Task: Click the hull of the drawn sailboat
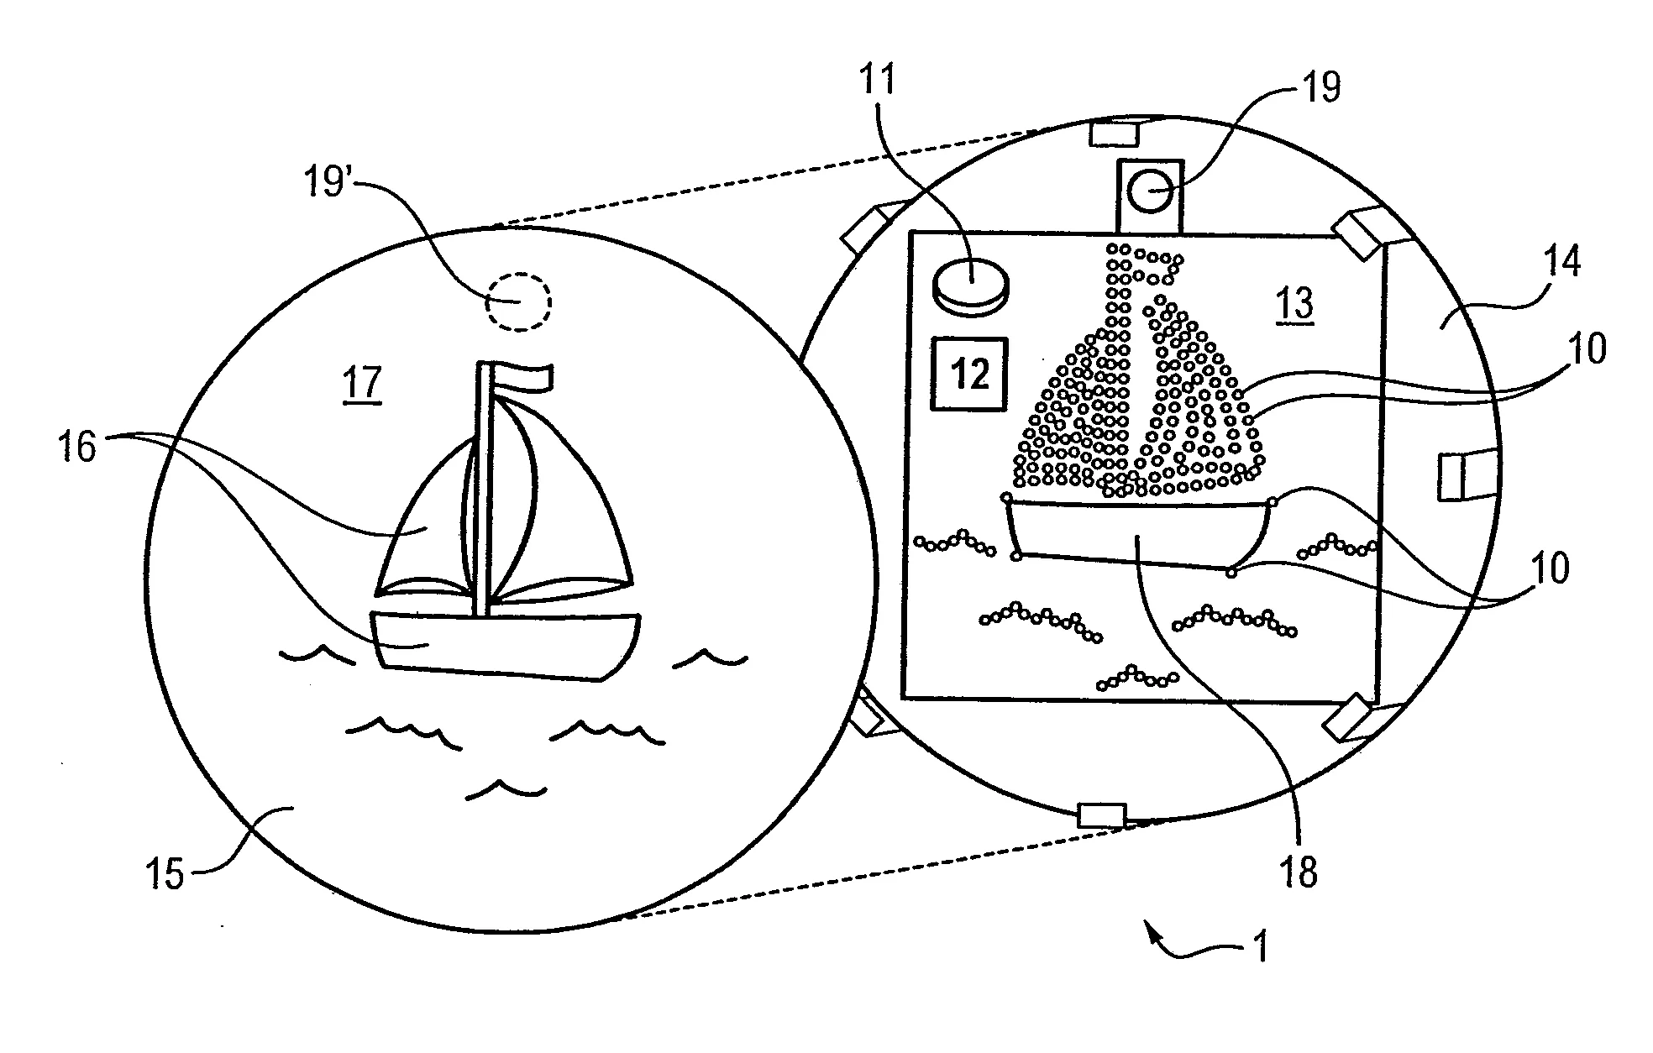click(x=504, y=645)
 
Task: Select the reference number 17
click(x=363, y=385)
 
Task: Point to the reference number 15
click(x=166, y=873)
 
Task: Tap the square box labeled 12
click(x=970, y=374)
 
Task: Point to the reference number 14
click(x=1561, y=262)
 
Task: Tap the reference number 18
click(x=1298, y=873)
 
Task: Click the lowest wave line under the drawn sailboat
click(x=506, y=788)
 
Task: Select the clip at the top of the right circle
click(x=1113, y=133)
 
